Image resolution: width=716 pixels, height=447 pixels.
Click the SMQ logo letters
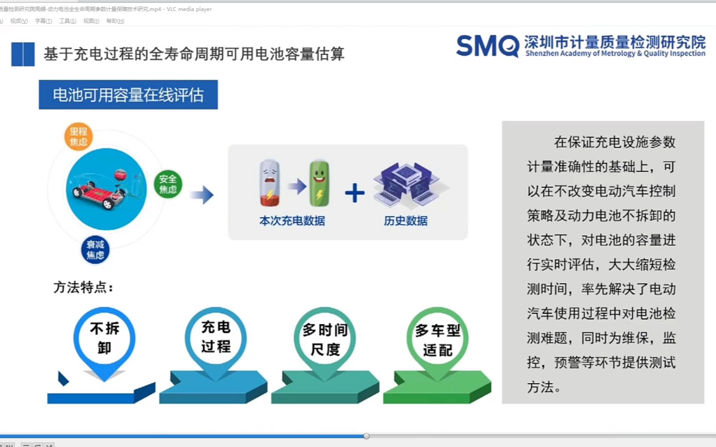tap(487, 46)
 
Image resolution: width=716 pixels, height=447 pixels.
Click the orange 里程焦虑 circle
tap(78, 137)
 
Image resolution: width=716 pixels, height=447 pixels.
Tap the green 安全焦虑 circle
tap(168, 184)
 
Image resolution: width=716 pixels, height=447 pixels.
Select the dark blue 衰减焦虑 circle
tap(95, 250)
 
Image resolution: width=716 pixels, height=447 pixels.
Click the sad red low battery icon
tap(270, 183)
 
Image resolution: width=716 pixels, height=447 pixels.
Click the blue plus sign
tap(355, 193)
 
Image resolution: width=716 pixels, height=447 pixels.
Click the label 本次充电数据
tap(292, 221)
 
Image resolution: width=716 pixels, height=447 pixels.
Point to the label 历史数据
tap(406, 221)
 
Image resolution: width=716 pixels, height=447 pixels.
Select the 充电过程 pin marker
tap(216, 337)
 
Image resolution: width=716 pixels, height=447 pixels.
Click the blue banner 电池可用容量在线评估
tap(128, 95)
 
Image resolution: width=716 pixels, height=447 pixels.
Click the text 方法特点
tap(83, 288)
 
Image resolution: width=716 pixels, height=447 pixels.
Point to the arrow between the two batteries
tap(297, 186)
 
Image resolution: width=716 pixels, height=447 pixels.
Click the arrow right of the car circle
tap(202, 195)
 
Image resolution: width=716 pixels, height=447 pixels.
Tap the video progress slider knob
tap(366, 436)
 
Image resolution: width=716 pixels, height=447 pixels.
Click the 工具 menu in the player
tap(67, 21)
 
